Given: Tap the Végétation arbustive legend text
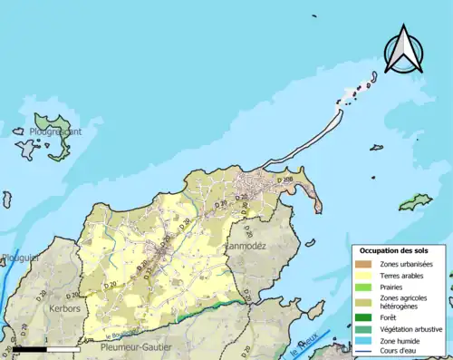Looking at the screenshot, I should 415,329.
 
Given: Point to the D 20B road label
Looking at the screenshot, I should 287,181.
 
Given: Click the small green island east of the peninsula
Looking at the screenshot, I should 416,201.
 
